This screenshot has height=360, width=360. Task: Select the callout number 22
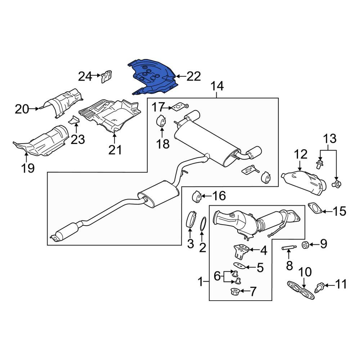[x=194, y=76]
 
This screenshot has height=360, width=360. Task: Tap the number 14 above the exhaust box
[x=217, y=86]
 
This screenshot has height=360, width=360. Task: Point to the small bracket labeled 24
[x=106, y=76]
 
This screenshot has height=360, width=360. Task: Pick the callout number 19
[x=28, y=168]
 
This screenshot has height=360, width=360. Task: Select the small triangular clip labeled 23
[x=74, y=120]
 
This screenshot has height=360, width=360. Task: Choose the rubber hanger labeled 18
[x=161, y=121]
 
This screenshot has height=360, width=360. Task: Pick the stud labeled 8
[x=289, y=248]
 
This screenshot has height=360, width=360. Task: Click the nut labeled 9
[x=305, y=245]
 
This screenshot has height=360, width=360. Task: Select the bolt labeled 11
[x=320, y=287]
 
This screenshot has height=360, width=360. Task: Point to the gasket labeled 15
[x=315, y=208]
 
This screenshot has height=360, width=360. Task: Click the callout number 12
[x=301, y=154]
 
